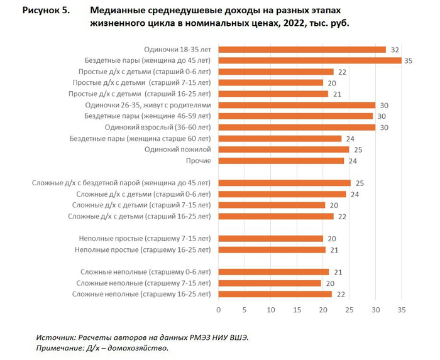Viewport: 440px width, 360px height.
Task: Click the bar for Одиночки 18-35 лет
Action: [302, 50]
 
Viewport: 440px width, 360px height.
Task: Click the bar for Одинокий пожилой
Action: [283, 150]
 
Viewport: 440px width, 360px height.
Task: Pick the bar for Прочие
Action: [281, 161]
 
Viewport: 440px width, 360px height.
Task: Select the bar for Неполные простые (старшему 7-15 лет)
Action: [270, 239]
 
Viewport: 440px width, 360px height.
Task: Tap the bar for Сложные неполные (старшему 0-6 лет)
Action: [273, 272]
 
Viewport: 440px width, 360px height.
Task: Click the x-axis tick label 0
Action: [218, 310]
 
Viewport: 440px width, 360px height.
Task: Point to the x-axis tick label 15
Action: [297, 310]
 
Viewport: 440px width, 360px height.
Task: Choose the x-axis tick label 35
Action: [402, 310]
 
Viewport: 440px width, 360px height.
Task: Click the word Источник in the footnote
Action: [57, 337]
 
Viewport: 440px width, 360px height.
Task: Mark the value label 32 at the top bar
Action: [394, 50]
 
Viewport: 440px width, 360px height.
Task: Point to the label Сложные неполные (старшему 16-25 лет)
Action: [141, 294]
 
